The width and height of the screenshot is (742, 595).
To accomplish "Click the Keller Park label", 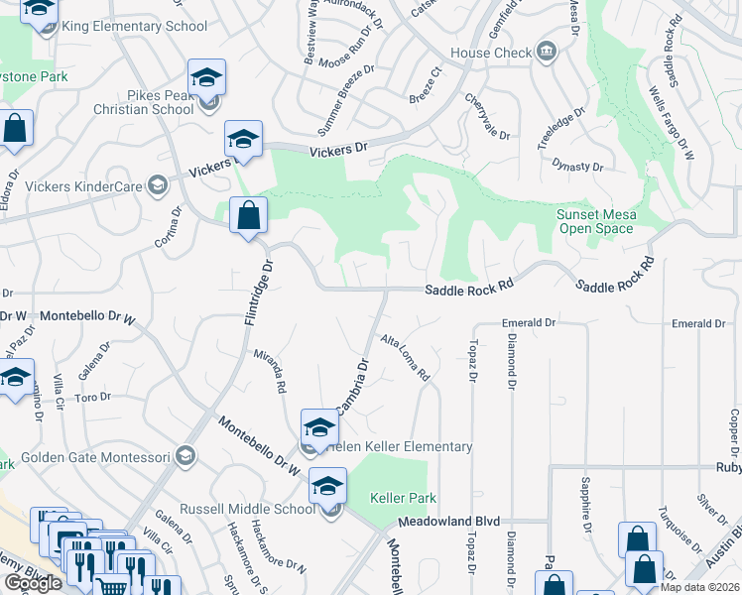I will [x=403, y=498].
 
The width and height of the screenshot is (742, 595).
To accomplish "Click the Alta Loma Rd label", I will [x=406, y=358].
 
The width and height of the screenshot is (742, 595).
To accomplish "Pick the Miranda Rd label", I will [x=270, y=371].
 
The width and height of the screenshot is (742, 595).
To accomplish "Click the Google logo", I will [x=33, y=583].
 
